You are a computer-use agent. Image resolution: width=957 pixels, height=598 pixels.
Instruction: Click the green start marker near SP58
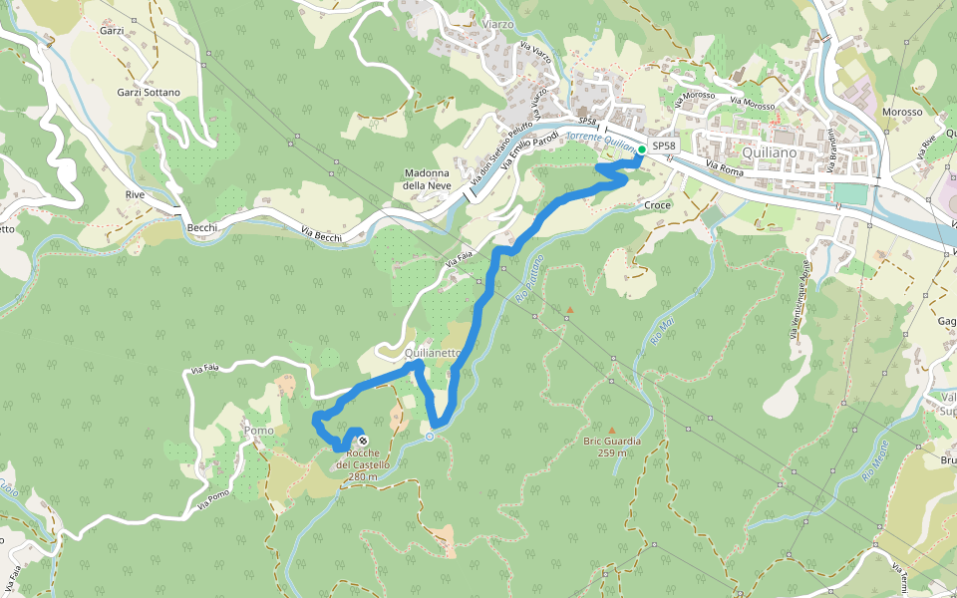click(x=641, y=149)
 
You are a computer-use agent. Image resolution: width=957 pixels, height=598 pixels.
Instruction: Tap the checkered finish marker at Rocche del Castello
click(x=360, y=440)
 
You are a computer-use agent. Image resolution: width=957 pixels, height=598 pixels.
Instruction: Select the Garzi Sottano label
click(x=149, y=93)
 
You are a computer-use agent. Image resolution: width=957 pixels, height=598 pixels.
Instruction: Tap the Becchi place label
click(x=202, y=227)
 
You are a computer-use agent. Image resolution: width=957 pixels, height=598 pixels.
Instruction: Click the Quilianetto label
click(x=434, y=353)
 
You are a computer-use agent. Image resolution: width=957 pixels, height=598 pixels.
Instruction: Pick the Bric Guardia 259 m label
click(x=612, y=447)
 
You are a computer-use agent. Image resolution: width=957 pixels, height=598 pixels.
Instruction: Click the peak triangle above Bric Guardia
click(x=612, y=431)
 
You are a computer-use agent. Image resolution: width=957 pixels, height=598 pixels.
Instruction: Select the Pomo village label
click(x=258, y=431)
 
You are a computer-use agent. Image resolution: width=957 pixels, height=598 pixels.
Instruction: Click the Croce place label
click(x=658, y=205)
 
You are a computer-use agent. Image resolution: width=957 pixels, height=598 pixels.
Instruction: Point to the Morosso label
click(x=902, y=113)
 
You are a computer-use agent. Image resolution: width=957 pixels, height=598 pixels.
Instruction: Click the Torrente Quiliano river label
click(x=600, y=141)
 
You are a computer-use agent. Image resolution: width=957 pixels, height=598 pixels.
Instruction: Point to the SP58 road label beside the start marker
click(x=665, y=146)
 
